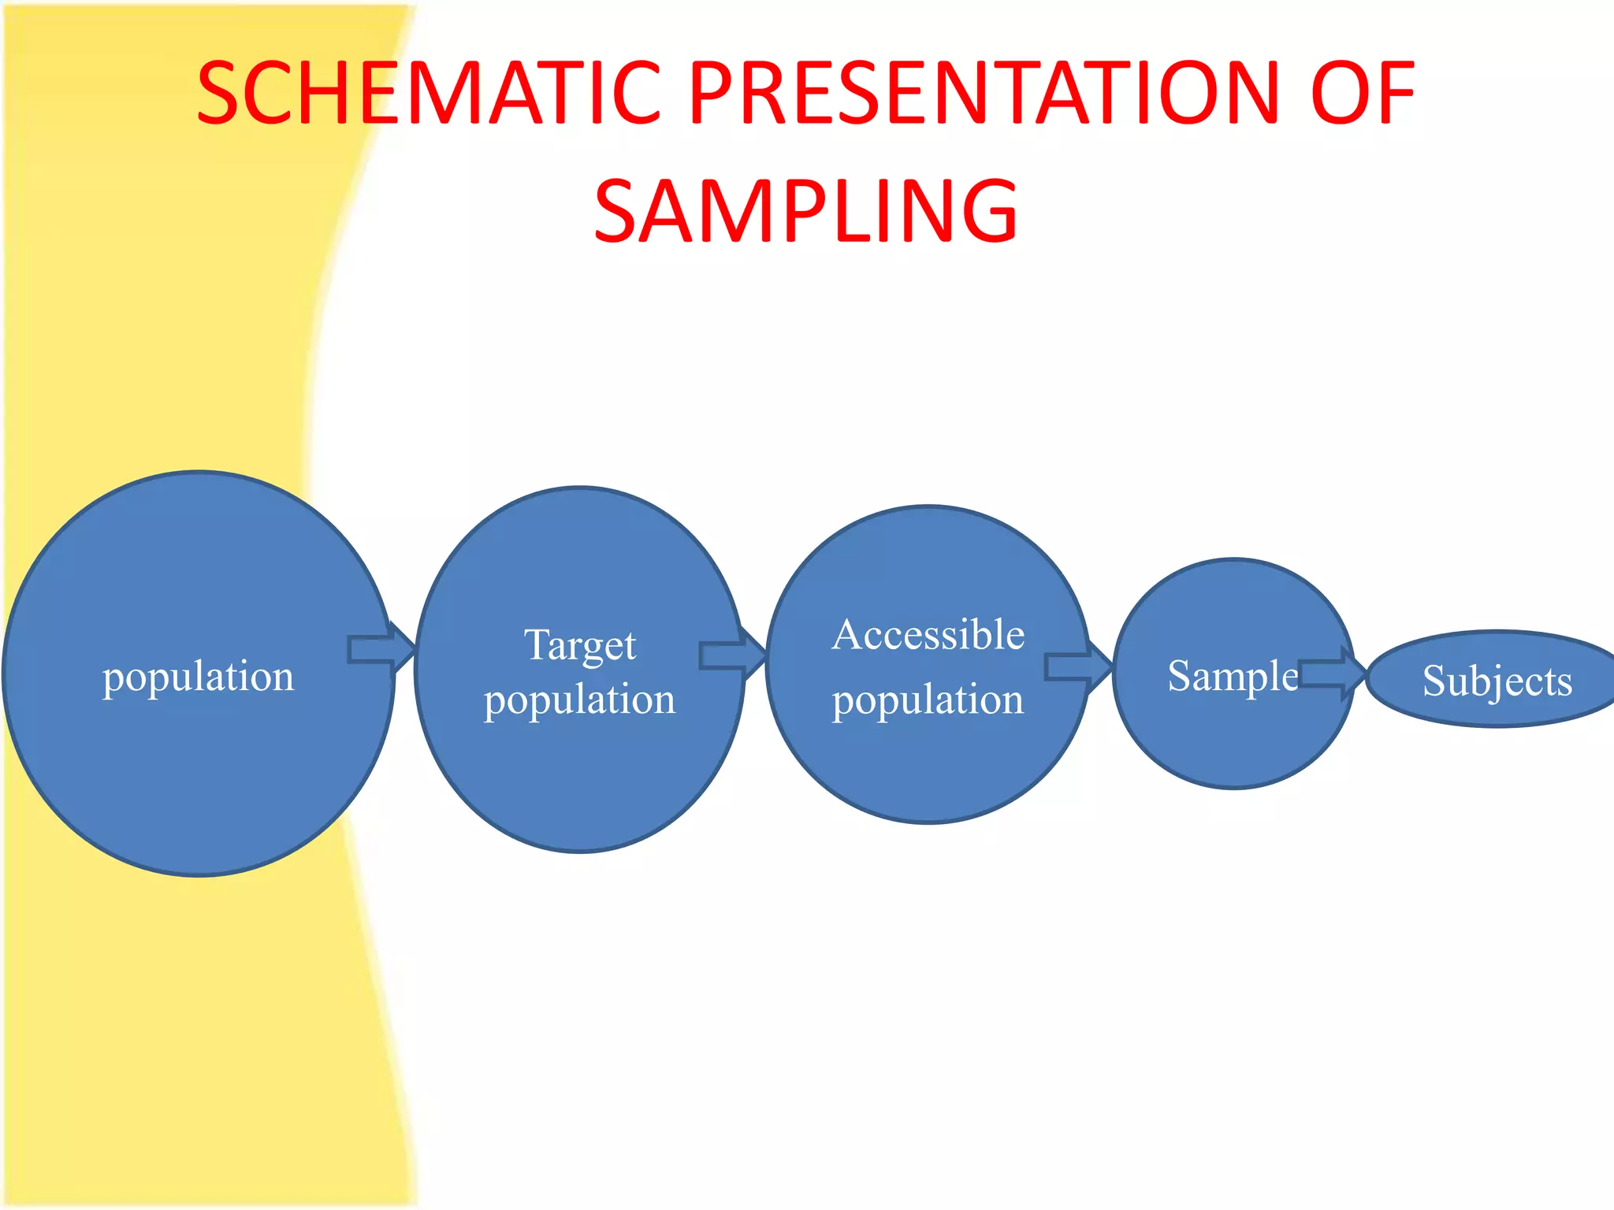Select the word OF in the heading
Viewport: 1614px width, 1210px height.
click(x=1363, y=94)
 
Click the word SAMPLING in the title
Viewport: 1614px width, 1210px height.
click(x=805, y=211)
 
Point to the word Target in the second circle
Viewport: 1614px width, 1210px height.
click(x=580, y=646)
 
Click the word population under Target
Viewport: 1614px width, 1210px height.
click(x=580, y=700)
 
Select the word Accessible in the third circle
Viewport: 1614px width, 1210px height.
click(x=928, y=635)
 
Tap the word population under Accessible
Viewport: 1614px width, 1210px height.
click(x=928, y=700)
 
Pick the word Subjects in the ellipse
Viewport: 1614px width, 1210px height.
click(x=1497, y=681)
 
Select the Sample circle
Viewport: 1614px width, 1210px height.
click(x=1233, y=740)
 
